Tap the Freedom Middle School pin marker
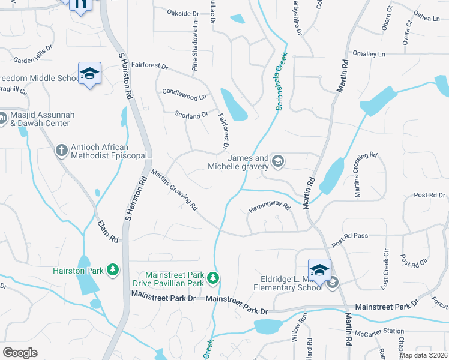coord(89,74)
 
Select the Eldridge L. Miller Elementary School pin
coord(319,269)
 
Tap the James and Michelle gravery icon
coord(277,161)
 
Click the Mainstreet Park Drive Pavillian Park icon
coord(212,278)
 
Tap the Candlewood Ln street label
coord(184,94)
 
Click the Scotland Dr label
coord(191,114)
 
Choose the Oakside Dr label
coord(182,13)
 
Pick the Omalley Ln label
coord(369,53)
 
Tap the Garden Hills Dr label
coord(33,56)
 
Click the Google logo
coord(20,353)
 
